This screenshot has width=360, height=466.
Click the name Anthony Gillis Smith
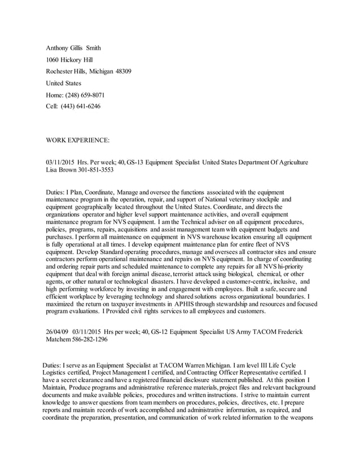[73, 48]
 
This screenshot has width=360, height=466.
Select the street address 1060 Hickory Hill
[69, 60]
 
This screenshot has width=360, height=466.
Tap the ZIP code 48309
[123, 72]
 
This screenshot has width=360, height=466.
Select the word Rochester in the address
[60, 72]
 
